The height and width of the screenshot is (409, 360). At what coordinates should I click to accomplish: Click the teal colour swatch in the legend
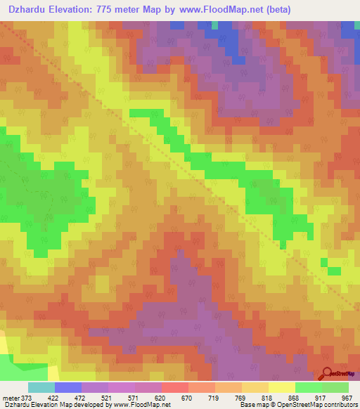click(41, 387)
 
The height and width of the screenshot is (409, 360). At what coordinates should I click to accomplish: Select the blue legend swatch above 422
click(68, 387)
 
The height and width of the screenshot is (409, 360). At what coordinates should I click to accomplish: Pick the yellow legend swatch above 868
click(282, 387)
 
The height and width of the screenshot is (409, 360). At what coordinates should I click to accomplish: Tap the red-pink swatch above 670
click(175, 387)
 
